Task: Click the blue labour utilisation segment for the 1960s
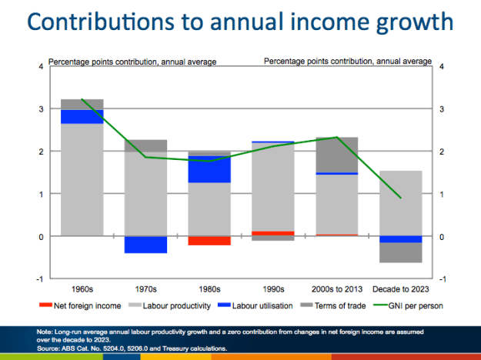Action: [x=82, y=116]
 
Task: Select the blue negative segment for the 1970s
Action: [x=145, y=245]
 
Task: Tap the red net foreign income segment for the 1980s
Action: [x=209, y=241]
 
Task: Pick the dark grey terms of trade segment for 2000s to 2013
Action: [x=337, y=155]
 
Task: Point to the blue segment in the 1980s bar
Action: [x=209, y=169]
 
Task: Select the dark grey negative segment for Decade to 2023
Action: [x=401, y=252]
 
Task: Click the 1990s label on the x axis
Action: [x=273, y=289]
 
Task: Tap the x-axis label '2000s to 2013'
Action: [x=337, y=289]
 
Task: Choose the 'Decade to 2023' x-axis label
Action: [x=401, y=289]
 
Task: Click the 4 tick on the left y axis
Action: [x=41, y=67]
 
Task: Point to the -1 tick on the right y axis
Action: [x=442, y=278]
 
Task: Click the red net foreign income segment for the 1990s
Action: [x=273, y=233]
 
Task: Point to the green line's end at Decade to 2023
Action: [x=401, y=198]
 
